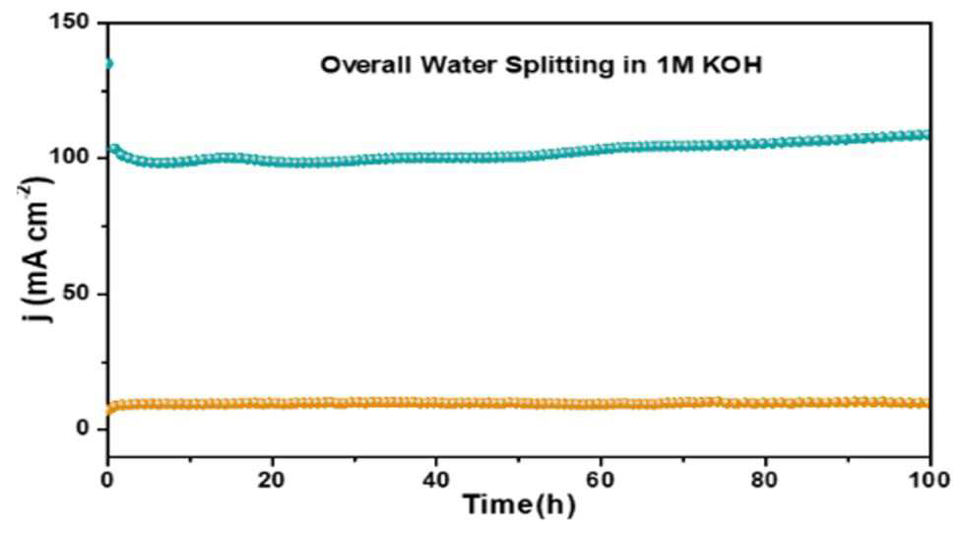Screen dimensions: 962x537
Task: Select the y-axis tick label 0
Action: (84, 429)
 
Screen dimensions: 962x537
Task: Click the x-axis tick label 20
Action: (272, 479)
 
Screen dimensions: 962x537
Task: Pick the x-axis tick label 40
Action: (435, 479)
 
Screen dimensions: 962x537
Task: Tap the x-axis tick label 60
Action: (601, 479)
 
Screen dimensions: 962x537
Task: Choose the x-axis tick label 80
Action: (765, 479)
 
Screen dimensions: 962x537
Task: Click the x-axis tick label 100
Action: (930, 479)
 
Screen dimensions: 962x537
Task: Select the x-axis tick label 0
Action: (108, 479)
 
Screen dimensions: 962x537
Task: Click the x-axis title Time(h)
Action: (519, 505)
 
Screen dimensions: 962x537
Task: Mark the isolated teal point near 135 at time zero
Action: (108, 64)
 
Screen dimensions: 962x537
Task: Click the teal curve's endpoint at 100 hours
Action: (927, 135)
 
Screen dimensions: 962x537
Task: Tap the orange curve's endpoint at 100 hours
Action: (927, 403)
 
